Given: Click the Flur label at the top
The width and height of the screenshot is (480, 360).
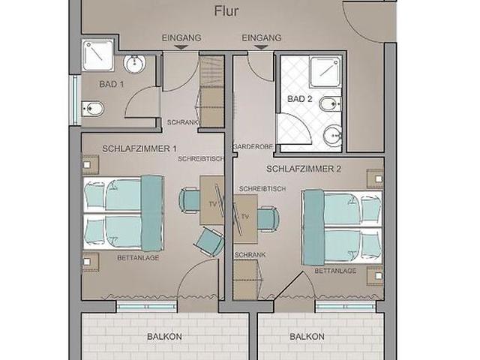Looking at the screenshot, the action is (x=226, y=11).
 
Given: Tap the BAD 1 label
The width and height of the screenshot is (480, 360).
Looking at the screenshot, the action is (x=112, y=84).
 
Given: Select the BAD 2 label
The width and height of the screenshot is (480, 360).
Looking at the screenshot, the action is (x=300, y=99).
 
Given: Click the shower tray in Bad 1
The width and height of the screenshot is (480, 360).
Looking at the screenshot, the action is (x=98, y=55).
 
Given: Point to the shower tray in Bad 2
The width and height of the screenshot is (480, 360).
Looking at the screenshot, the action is (x=325, y=72).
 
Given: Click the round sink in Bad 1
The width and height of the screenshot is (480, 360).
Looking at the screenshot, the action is (x=134, y=64).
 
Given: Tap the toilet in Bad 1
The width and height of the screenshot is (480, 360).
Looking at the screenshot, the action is (x=93, y=109).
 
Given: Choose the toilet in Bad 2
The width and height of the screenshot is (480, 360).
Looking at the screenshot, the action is (x=330, y=104).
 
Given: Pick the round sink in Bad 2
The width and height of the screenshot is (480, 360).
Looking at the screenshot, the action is (x=332, y=135).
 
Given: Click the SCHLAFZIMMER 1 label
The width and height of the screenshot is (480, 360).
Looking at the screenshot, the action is (x=139, y=149).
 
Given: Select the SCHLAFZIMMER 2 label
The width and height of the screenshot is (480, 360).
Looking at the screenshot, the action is (x=304, y=169).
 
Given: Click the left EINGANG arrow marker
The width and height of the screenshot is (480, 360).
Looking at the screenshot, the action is (x=181, y=47).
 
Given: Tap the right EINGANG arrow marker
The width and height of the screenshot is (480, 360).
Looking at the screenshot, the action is (x=261, y=47).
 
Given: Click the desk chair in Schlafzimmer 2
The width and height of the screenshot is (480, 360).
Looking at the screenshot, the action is (x=268, y=218).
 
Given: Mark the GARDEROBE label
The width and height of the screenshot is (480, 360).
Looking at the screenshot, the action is (x=253, y=147).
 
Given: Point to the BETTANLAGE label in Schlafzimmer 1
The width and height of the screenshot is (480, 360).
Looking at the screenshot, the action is (x=138, y=258).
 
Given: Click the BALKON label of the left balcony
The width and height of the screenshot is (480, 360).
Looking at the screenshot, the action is (x=164, y=337).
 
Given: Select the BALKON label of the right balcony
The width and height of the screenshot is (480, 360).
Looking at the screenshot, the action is (x=307, y=337).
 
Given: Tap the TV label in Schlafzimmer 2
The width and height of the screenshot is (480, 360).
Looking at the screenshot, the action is (x=245, y=217).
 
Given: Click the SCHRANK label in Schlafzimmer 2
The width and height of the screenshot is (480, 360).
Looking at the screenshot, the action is (x=250, y=255).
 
